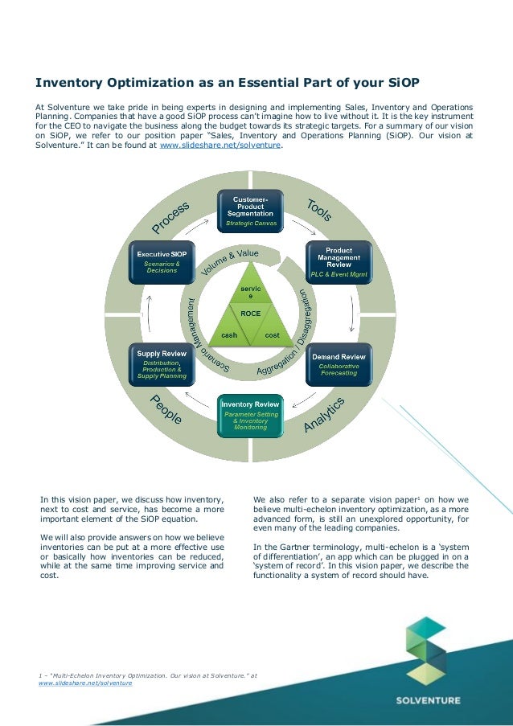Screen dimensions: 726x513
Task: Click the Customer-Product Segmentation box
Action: [x=251, y=211]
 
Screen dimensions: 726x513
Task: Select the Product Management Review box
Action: [x=339, y=262]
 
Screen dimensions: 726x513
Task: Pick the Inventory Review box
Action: [x=250, y=415]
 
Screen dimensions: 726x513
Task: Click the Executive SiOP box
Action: [x=162, y=262]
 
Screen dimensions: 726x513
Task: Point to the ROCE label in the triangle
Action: [x=251, y=314]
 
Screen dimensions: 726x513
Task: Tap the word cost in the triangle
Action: [x=273, y=334]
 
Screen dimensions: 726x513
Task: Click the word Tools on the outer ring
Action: [x=319, y=211]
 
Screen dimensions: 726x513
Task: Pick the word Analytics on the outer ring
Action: [x=325, y=416]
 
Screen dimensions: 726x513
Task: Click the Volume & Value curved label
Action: [x=230, y=264]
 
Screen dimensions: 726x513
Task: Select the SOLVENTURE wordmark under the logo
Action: [x=428, y=700]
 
